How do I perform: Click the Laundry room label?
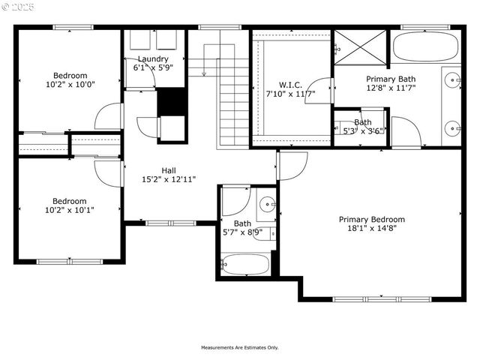pyautogui.click(x=153, y=58)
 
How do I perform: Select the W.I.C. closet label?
pyautogui.click(x=289, y=85)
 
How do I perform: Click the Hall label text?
pyautogui.click(x=169, y=170)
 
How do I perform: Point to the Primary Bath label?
pyautogui.click(x=391, y=79)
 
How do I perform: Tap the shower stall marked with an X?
pyautogui.click(x=360, y=46)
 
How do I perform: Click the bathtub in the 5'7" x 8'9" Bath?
pyautogui.click(x=245, y=265)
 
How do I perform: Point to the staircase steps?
pyautogui.click(x=233, y=105)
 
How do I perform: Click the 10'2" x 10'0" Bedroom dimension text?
pyautogui.click(x=70, y=85)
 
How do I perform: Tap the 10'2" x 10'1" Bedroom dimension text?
pyautogui.click(x=70, y=210)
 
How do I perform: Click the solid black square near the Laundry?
pyautogui.click(x=170, y=101)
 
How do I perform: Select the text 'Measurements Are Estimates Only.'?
pyautogui.click(x=239, y=347)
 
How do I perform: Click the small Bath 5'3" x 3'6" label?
pyautogui.click(x=363, y=126)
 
